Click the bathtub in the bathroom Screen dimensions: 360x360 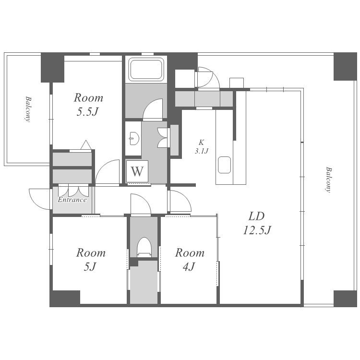146,69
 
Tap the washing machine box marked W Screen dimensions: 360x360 137,171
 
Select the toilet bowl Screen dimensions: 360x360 144,247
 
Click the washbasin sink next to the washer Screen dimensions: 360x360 134,138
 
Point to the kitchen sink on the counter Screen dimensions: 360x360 224,165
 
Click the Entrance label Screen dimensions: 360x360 72,200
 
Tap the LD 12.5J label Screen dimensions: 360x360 257,223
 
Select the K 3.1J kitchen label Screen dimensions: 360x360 201,147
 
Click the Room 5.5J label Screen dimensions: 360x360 88,105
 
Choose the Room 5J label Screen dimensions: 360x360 91,260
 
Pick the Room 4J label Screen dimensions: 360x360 190,260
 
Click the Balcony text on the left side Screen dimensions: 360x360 28,109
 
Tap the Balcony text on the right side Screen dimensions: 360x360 329,180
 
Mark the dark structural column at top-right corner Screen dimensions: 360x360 345,66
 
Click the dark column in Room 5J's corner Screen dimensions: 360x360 65,299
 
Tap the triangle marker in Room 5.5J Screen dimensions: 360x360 86,145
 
